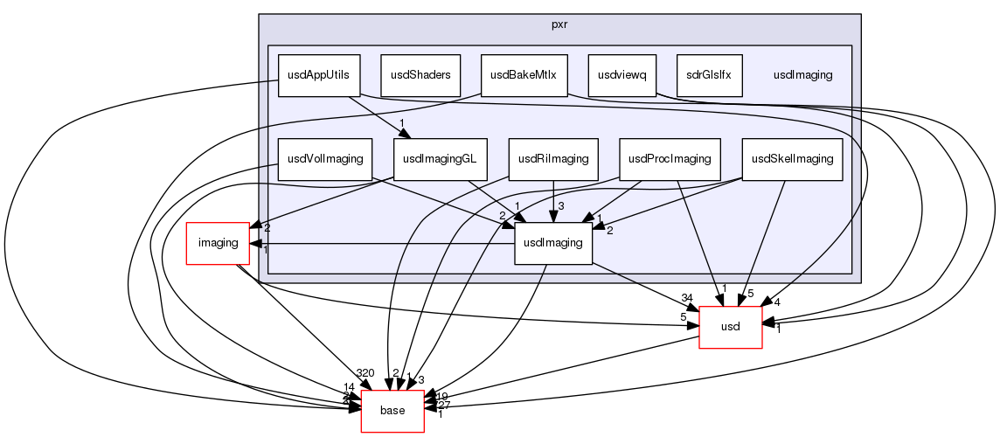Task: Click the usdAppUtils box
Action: click(x=318, y=75)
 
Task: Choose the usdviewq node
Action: click(x=622, y=75)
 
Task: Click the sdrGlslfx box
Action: click(x=709, y=75)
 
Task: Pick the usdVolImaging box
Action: click(x=324, y=160)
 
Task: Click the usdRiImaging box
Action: click(x=553, y=160)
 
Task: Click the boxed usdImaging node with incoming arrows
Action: click(x=553, y=243)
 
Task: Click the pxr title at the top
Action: click(x=560, y=24)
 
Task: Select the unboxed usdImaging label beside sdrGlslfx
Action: click(x=802, y=75)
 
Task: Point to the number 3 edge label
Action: click(x=561, y=205)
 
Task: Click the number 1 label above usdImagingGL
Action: click(x=400, y=123)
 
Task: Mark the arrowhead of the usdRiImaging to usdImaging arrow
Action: click(x=553, y=215)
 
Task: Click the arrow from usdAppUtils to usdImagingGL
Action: click(x=376, y=114)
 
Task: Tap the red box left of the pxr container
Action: click(x=218, y=243)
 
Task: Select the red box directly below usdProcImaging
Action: click(x=731, y=328)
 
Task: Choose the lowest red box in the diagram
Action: click(x=392, y=412)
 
